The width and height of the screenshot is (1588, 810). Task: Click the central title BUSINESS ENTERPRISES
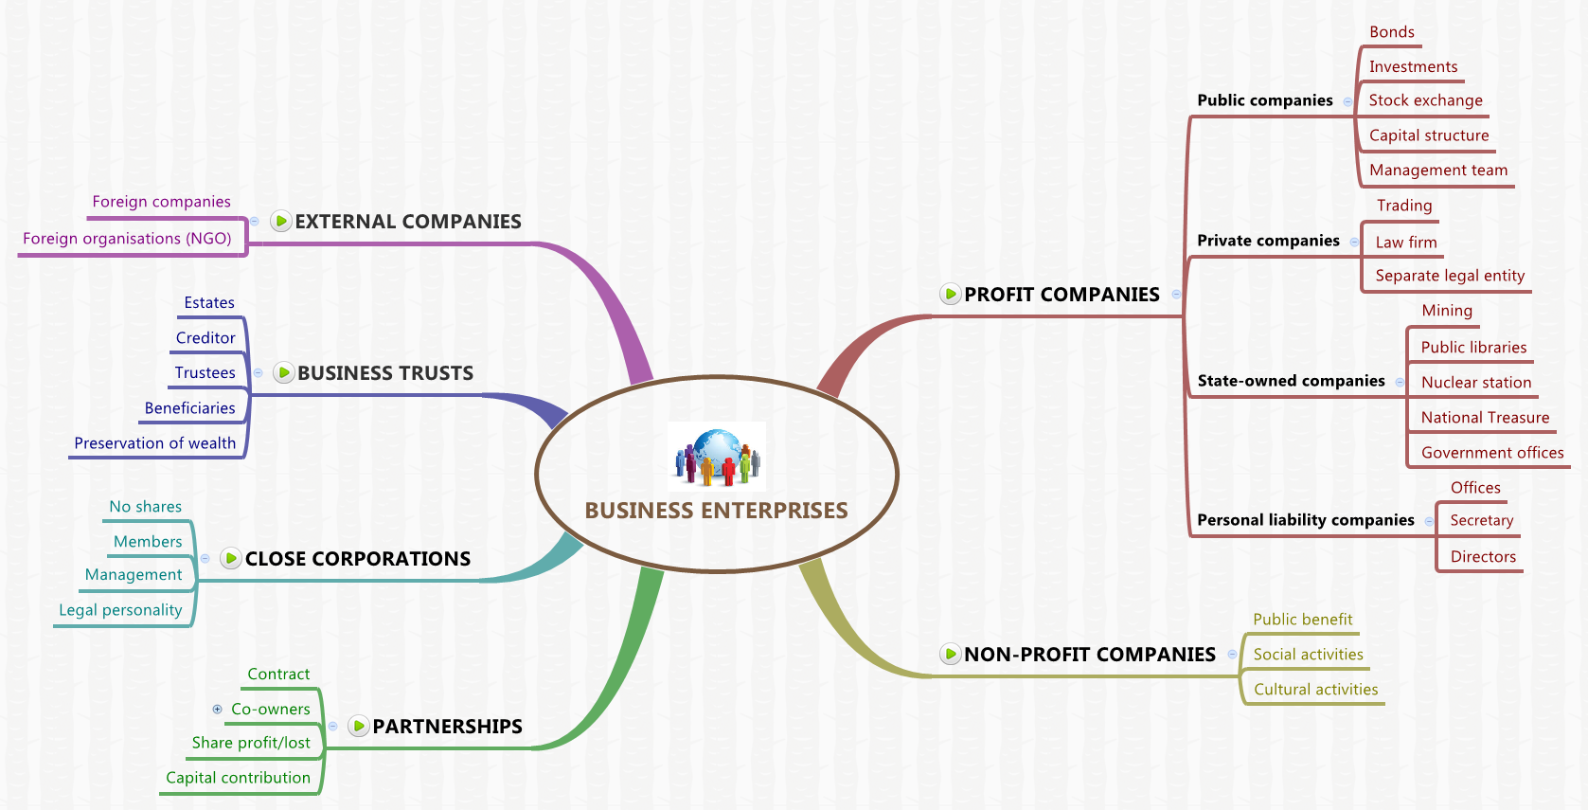(x=716, y=511)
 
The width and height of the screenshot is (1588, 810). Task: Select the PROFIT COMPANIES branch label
(x=1062, y=295)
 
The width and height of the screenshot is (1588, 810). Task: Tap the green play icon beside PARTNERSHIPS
(x=359, y=727)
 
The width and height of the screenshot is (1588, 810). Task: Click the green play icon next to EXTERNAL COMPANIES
(x=281, y=222)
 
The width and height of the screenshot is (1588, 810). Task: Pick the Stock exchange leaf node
(x=1425, y=100)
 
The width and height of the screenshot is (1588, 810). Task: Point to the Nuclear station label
(x=1475, y=383)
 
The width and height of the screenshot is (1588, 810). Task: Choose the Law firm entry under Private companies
(x=1405, y=243)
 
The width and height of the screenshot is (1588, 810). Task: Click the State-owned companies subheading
(x=1291, y=381)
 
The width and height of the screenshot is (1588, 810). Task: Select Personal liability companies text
(x=1305, y=520)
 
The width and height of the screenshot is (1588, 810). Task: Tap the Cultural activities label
(x=1315, y=690)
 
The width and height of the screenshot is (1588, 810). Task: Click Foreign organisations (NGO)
(x=127, y=239)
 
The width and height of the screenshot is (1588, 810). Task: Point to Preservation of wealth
(x=154, y=443)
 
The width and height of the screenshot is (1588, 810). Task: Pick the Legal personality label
(x=120, y=610)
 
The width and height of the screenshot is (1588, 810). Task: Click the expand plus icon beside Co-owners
(x=218, y=709)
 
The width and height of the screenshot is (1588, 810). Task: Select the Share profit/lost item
(x=251, y=743)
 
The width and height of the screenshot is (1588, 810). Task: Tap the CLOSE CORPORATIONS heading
(x=358, y=559)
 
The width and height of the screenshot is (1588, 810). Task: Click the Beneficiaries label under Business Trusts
(x=189, y=408)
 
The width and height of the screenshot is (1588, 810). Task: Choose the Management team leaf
(x=1437, y=171)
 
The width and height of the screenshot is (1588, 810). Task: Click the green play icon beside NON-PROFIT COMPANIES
(x=951, y=654)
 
